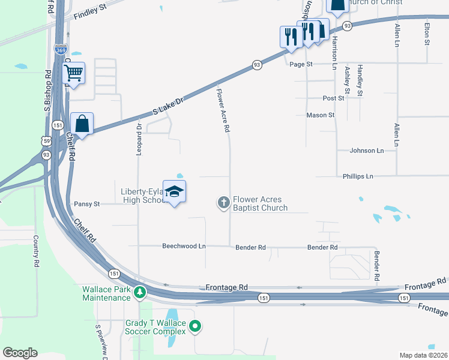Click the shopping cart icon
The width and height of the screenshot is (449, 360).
tap(73, 73)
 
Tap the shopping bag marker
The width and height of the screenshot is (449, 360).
tap(82, 124)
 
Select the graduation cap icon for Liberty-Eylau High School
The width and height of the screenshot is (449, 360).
tap(174, 191)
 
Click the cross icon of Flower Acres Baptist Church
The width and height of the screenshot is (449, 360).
tap(223, 203)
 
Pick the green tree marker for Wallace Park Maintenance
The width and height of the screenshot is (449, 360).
tap(140, 292)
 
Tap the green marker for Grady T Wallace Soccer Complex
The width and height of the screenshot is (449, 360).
tap(195, 327)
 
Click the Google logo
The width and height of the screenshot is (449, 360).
tap(20, 353)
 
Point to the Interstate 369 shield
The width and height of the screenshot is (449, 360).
tap(61, 51)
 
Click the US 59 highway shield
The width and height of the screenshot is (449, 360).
tap(46, 140)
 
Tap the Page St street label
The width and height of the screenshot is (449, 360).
tap(301, 64)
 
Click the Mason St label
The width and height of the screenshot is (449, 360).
tap(320, 115)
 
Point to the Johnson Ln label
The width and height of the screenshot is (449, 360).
tap(367, 151)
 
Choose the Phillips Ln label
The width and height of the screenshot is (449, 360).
tap(358, 176)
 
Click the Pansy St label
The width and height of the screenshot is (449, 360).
tap(87, 204)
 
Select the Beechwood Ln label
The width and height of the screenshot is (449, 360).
tap(184, 247)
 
